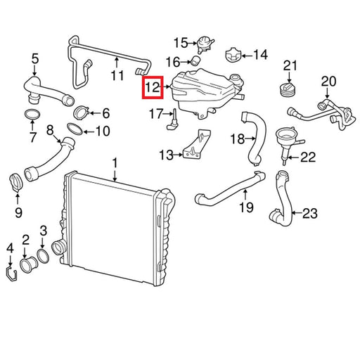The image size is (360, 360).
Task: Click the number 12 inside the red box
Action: click(153, 87)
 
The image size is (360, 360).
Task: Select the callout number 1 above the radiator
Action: click(115, 163)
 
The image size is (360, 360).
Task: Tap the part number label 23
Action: click(310, 213)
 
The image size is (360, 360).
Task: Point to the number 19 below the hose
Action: click(246, 207)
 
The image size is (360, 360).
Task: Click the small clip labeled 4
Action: click(11, 274)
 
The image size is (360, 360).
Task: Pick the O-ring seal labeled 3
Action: click(43, 256)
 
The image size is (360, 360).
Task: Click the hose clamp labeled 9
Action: click(16, 182)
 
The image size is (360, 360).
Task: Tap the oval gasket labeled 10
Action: click(75, 129)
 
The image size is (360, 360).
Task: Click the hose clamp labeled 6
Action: click(81, 112)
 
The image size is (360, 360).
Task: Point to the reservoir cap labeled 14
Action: click(233, 56)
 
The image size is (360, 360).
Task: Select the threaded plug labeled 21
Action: click(288, 90)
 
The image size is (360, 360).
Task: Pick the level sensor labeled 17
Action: click(172, 120)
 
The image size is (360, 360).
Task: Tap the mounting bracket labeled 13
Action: click(196, 145)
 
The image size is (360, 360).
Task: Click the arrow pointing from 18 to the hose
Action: click(250, 139)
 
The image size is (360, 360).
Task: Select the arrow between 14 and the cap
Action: click(247, 56)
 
